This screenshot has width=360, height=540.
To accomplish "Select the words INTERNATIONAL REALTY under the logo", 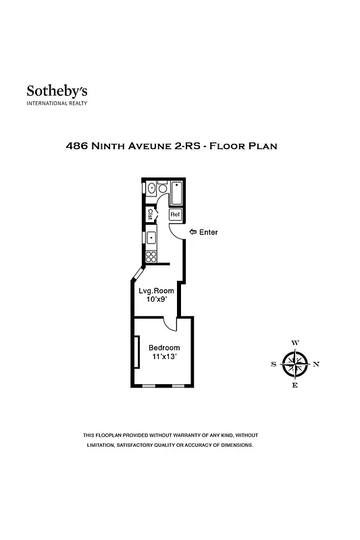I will pos(57,103).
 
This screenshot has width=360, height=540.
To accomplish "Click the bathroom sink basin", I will pos(152,188).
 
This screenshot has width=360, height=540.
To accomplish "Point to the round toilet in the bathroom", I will pos(163,189).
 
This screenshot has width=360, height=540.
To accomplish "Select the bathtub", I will pos(177,193).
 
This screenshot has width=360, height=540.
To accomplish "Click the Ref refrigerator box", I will pos(175,215).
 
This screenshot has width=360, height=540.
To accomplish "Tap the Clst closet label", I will pos(150,215).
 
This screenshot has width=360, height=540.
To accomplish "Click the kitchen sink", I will pos(152,237).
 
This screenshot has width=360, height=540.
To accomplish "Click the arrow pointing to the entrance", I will pos(192,232).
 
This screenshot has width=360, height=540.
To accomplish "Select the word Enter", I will pos(209,232).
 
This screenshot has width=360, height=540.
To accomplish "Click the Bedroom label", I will pos(164,348).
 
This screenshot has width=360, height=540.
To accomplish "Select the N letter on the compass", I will pos(316,364).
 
